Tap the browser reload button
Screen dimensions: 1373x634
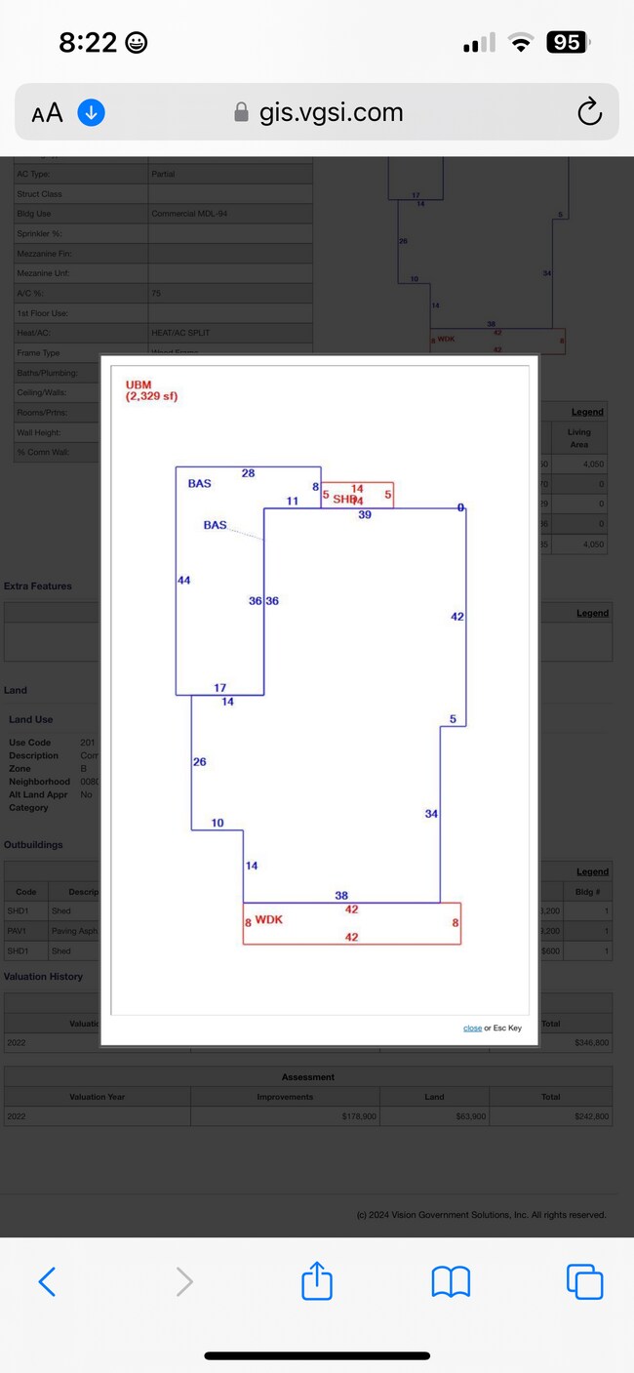click(x=589, y=112)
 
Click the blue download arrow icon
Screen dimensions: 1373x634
click(x=91, y=112)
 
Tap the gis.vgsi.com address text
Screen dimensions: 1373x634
click(x=331, y=112)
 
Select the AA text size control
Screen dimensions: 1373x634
click(x=47, y=113)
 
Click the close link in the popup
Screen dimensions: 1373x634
click(x=472, y=1029)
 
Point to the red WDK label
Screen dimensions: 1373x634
click(x=268, y=919)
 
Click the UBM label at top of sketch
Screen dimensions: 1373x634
click(x=139, y=385)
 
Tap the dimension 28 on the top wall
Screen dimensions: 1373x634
click(x=248, y=473)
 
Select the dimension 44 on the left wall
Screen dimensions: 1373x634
click(x=183, y=581)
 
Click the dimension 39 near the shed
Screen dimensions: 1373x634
click(x=365, y=514)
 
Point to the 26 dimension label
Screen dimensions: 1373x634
click(x=199, y=762)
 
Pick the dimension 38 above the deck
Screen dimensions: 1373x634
click(x=341, y=895)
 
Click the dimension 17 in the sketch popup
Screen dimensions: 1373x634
click(x=220, y=688)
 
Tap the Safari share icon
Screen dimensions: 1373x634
click(x=317, y=1280)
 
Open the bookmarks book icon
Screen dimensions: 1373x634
click(x=451, y=1280)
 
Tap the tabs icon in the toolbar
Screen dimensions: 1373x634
click(x=584, y=1280)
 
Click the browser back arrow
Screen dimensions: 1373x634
click(x=47, y=1280)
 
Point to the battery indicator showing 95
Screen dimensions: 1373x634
click(x=567, y=42)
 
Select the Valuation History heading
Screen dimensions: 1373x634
click(x=44, y=976)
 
